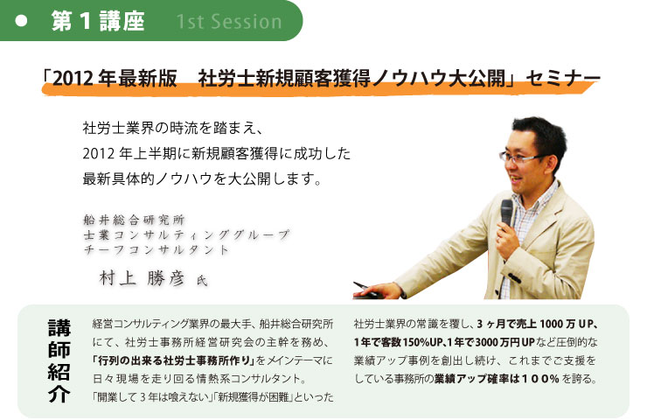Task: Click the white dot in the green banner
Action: point(21,21)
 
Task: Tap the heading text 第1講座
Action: point(98,21)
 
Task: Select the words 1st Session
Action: point(229,22)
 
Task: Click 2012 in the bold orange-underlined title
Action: point(73,78)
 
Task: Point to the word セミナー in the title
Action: point(563,78)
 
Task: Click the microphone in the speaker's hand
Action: point(507,213)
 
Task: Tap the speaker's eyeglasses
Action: point(522,157)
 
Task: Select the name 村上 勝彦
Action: point(142,278)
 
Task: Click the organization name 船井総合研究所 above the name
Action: point(134,220)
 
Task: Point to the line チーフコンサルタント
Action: point(156,249)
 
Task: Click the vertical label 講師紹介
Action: point(59,361)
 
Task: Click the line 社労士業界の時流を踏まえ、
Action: point(173,128)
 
